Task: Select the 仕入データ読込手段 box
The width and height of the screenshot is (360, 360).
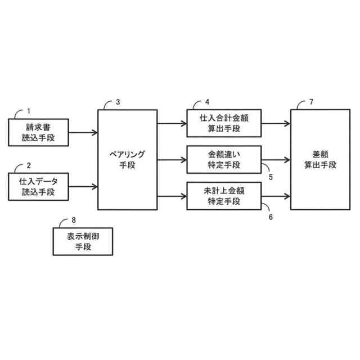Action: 38,186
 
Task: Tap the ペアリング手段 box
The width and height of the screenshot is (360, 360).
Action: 128,159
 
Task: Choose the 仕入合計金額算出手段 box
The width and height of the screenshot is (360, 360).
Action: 224,123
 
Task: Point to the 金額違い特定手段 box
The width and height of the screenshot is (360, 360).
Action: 224,159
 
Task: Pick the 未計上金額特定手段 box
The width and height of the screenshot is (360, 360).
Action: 224,196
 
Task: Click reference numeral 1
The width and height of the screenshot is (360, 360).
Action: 30,111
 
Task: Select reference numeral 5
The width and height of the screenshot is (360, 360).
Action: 271,176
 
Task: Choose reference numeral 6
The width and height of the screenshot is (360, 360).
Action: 271,215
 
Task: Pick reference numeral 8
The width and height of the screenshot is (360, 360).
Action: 74,220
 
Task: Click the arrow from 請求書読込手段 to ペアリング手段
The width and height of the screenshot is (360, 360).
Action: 83,133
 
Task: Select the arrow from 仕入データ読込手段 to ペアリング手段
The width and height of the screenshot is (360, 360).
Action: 83,186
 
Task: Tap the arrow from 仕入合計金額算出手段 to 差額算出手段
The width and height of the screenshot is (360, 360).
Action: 276,123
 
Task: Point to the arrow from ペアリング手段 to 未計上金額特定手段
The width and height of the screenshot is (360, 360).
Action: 172,196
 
